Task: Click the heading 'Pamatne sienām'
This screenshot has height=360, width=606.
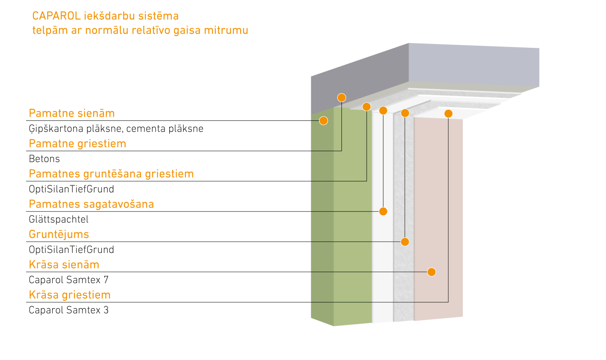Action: [72, 114]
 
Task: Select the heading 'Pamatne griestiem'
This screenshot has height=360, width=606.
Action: [77, 144]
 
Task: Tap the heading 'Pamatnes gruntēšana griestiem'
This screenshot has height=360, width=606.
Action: [111, 174]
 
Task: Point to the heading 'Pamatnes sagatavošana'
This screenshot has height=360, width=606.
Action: [91, 205]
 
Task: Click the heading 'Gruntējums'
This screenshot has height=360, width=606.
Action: [59, 234]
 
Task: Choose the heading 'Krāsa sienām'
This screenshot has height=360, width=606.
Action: [64, 265]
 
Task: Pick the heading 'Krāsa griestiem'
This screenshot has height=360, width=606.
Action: [70, 295]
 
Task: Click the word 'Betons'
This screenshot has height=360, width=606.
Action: [44, 159]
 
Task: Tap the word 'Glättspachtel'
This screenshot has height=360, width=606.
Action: [59, 220]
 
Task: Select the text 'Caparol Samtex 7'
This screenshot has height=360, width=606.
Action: [68, 280]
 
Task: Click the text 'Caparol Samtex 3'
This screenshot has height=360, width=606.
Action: [68, 310]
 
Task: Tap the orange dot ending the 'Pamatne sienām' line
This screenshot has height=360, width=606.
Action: [324, 121]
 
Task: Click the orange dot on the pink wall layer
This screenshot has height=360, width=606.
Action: [432, 272]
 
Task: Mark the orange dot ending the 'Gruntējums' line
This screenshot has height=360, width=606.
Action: [405, 242]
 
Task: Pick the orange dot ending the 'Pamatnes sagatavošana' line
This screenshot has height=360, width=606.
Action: [383, 211]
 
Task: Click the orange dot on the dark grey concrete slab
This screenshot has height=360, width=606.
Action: [341, 98]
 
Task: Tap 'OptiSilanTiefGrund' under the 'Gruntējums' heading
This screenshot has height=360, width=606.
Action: [71, 250]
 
